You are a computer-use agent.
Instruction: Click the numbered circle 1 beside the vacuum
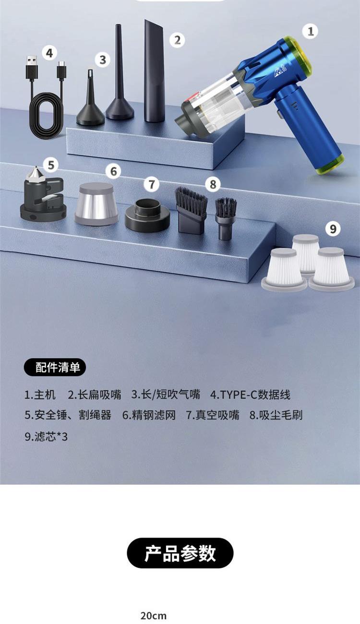click(x=311, y=31)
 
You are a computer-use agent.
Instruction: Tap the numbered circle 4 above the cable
click(x=49, y=53)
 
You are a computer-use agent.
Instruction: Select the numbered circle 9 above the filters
click(x=333, y=229)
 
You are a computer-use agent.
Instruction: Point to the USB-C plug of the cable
click(x=62, y=70)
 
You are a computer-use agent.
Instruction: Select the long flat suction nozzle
click(x=154, y=71)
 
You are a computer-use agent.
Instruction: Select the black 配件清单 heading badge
click(x=55, y=367)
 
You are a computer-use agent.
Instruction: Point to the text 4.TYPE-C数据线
click(x=250, y=395)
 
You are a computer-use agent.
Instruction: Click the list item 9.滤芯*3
click(x=46, y=436)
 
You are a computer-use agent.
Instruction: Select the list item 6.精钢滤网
click(x=149, y=415)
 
